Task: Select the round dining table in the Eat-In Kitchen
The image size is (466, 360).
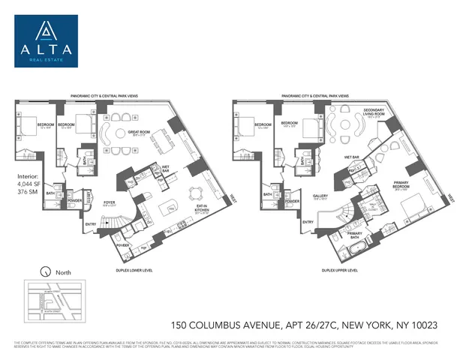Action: pyautogui.click(x=198, y=188)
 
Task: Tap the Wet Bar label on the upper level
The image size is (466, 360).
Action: pyautogui.click(x=351, y=157)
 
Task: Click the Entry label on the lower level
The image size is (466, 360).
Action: pyautogui.click(x=92, y=222)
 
